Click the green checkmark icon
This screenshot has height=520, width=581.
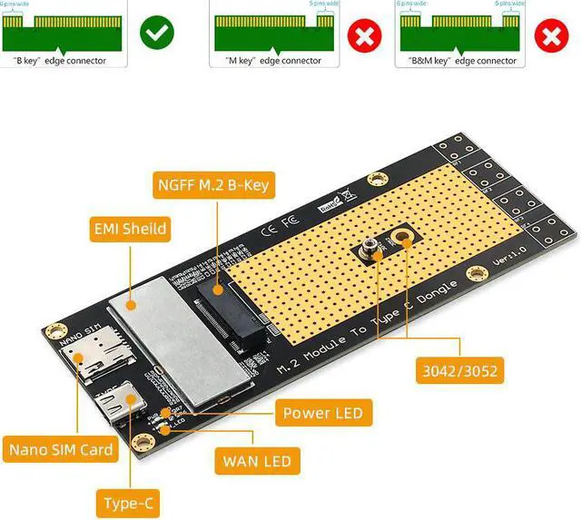coord(157,35)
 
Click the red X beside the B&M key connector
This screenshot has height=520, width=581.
coord(549,35)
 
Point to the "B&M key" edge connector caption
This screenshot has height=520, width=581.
coord(458,61)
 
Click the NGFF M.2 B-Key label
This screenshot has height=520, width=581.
coord(212,186)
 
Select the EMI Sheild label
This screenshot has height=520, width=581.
coord(130,229)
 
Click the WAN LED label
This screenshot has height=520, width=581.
coord(256,462)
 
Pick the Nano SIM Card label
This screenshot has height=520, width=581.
coord(61,449)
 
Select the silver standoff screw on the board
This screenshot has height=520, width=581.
coord(373,250)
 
